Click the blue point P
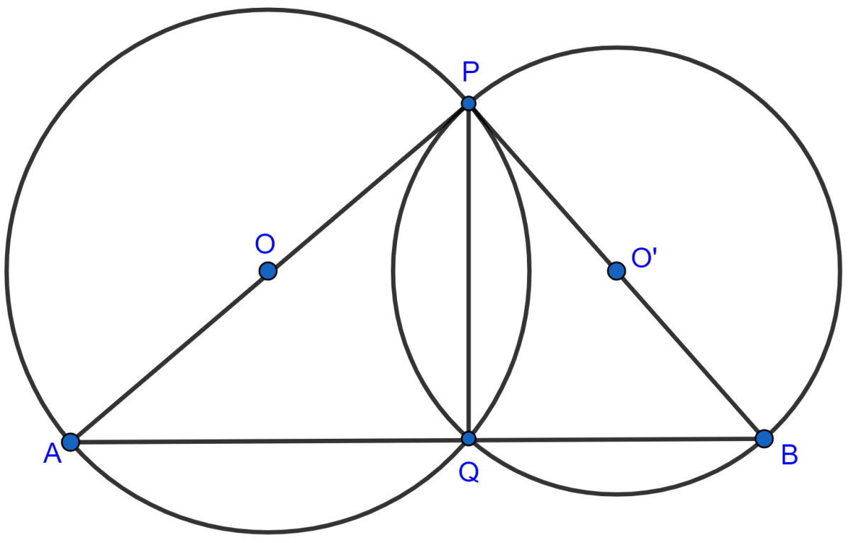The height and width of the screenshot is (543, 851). click(x=468, y=103)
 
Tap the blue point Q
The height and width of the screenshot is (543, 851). click(x=468, y=438)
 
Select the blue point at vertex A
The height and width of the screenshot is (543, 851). click(x=69, y=442)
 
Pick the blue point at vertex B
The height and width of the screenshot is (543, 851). click(x=763, y=438)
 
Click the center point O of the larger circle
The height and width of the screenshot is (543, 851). click(x=267, y=271)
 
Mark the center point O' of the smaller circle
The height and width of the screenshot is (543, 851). click(x=616, y=271)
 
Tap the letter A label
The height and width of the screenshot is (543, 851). click(x=52, y=455)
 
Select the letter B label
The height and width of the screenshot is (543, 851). click(x=789, y=455)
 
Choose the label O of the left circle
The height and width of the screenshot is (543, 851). click(x=265, y=245)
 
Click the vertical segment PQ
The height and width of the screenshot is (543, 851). click(x=468, y=284)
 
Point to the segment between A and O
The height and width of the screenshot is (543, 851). click(x=169, y=357)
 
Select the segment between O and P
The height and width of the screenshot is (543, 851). click(x=367, y=187)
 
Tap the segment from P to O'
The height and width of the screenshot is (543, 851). click(x=543, y=187)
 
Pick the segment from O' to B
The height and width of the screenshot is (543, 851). click(x=689, y=354)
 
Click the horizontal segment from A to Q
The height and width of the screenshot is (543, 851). click(x=269, y=440)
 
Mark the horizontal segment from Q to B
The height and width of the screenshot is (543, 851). click(x=616, y=439)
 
